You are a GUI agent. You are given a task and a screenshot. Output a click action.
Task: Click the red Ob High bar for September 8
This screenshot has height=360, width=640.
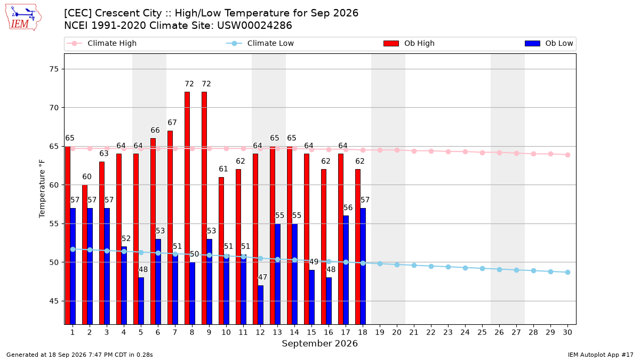click(x=187, y=208)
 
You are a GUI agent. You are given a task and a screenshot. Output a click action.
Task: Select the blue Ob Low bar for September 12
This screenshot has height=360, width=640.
click(x=261, y=305)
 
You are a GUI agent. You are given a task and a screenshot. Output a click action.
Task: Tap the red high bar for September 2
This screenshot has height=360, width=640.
click(x=85, y=254)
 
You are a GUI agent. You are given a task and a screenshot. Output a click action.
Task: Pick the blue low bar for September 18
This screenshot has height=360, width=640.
click(x=363, y=266)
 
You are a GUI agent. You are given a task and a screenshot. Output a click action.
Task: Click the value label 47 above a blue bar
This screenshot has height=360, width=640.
click(x=262, y=277)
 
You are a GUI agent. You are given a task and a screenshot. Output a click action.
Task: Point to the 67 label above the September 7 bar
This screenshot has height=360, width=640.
click(x=172, y=123)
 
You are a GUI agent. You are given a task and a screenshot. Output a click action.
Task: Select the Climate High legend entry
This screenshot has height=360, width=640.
click(x=102, y=43)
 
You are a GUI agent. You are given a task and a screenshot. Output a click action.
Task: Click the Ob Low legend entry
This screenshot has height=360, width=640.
click(x=549, y=43)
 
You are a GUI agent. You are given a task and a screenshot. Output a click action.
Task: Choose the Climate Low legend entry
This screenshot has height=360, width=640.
click(x=260, y=43)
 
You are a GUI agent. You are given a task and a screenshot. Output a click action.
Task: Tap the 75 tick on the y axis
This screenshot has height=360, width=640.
click(x=54, y=69)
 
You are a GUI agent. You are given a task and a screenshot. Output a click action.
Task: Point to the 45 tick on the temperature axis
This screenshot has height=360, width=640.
click(x=54, y=301)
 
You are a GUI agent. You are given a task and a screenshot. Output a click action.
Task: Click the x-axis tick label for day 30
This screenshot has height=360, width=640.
click(x=567, y=332)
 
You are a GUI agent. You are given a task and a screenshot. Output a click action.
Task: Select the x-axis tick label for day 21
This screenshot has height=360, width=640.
click(x=414, y=332)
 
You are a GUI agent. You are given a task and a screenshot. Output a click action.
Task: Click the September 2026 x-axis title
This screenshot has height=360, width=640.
click(x=319, y=343)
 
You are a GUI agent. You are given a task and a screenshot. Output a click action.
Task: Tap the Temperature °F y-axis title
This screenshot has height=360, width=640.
click(x=42, y=189)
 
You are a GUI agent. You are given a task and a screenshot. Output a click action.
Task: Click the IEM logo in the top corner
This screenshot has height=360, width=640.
click(x=23, y=18)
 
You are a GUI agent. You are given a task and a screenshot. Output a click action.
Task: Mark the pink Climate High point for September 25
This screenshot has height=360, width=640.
click(x=482, y=153)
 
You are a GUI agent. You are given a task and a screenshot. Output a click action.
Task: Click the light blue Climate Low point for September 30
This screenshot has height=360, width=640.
click(x=567, y=273)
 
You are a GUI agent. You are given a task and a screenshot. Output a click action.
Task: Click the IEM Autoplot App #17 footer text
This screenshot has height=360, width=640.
click(x=601, y=355)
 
